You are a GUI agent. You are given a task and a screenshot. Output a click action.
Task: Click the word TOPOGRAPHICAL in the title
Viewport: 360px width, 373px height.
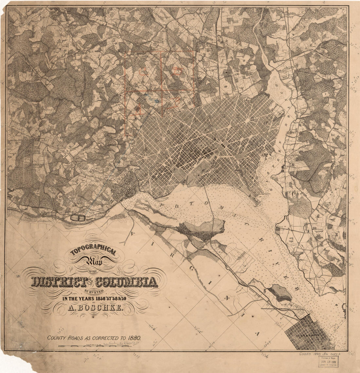[x=93, y=252]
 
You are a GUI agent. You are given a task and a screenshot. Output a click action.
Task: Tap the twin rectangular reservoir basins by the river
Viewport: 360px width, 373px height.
[x=77, y=217]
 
